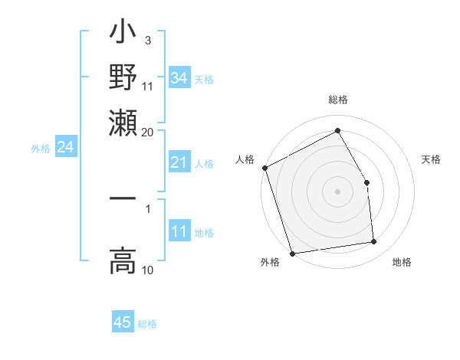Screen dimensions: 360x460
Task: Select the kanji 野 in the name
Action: click(123, 77)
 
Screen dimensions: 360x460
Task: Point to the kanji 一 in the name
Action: click(123, 198)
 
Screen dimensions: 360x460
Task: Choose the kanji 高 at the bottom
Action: click(123, 260)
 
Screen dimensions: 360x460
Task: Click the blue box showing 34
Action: click(179, 77)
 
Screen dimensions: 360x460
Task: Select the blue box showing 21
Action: click(179, 162)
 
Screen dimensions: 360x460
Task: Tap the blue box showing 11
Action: click(179, 232)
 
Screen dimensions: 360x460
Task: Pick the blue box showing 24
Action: click(65, 148)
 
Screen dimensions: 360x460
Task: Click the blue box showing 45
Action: click(123, 322)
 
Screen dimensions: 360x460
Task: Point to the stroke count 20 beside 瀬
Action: click(147, 131)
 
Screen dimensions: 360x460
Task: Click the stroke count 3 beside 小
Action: click(147, 39)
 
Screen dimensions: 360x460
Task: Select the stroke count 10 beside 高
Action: click(147, 270)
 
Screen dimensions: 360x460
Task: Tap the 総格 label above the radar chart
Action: click(337, 100)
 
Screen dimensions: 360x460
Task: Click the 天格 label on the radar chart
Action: click(431, 159)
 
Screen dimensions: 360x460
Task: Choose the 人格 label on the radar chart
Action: click(245, 159)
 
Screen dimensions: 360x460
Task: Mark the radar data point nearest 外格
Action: click(292, 253)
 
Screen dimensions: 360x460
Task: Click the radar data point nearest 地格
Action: click(374, 242)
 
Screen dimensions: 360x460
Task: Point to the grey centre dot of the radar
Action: click(337, 191)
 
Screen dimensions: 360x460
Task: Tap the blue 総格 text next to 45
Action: click(147, 324)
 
